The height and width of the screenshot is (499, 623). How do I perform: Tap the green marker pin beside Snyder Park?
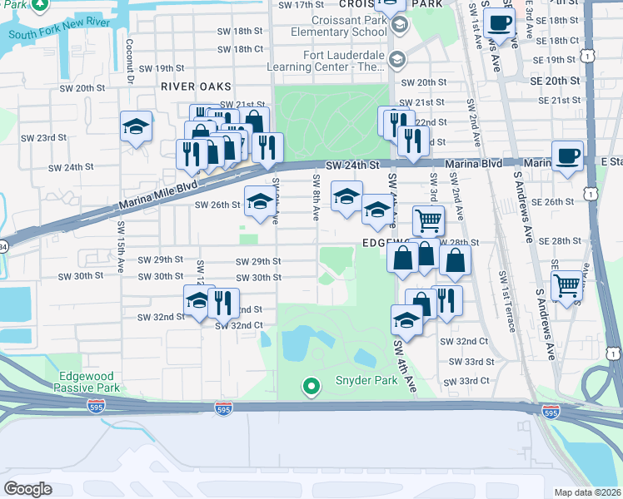click(311, 387)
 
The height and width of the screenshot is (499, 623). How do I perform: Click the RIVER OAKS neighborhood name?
click(197, 86)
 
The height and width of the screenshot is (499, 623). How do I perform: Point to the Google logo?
click(27, 489)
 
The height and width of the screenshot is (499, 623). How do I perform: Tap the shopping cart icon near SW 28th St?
click(428, 220)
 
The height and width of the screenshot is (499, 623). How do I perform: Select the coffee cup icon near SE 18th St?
click(499, 22)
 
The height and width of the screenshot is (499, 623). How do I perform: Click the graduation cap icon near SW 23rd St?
click(137, 127)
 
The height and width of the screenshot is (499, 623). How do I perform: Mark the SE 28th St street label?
click(559, 240)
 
